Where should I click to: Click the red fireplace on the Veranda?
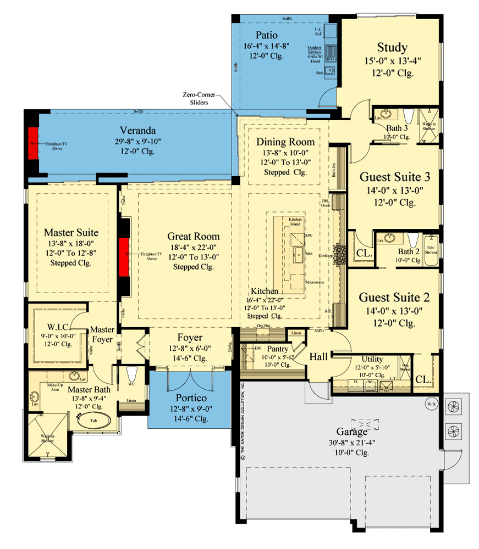pyautogui.click(x=34, y=143)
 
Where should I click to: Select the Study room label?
pyautogui.click(x=392, y=47)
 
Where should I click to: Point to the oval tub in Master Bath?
pyautogui.click(x=93, y=422)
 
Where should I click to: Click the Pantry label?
pyautogui.click(x=278, y=349)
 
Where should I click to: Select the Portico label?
pyautogui.click(x=191, y=397)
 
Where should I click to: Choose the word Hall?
pyautogui.click(x=318, y=357)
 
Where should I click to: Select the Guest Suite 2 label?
pyautogui.click(x=394, y=297)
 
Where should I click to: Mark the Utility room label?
pyautogui.click(x=372, y=359)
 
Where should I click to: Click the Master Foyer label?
pyautogui.click(x=102, y=334)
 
